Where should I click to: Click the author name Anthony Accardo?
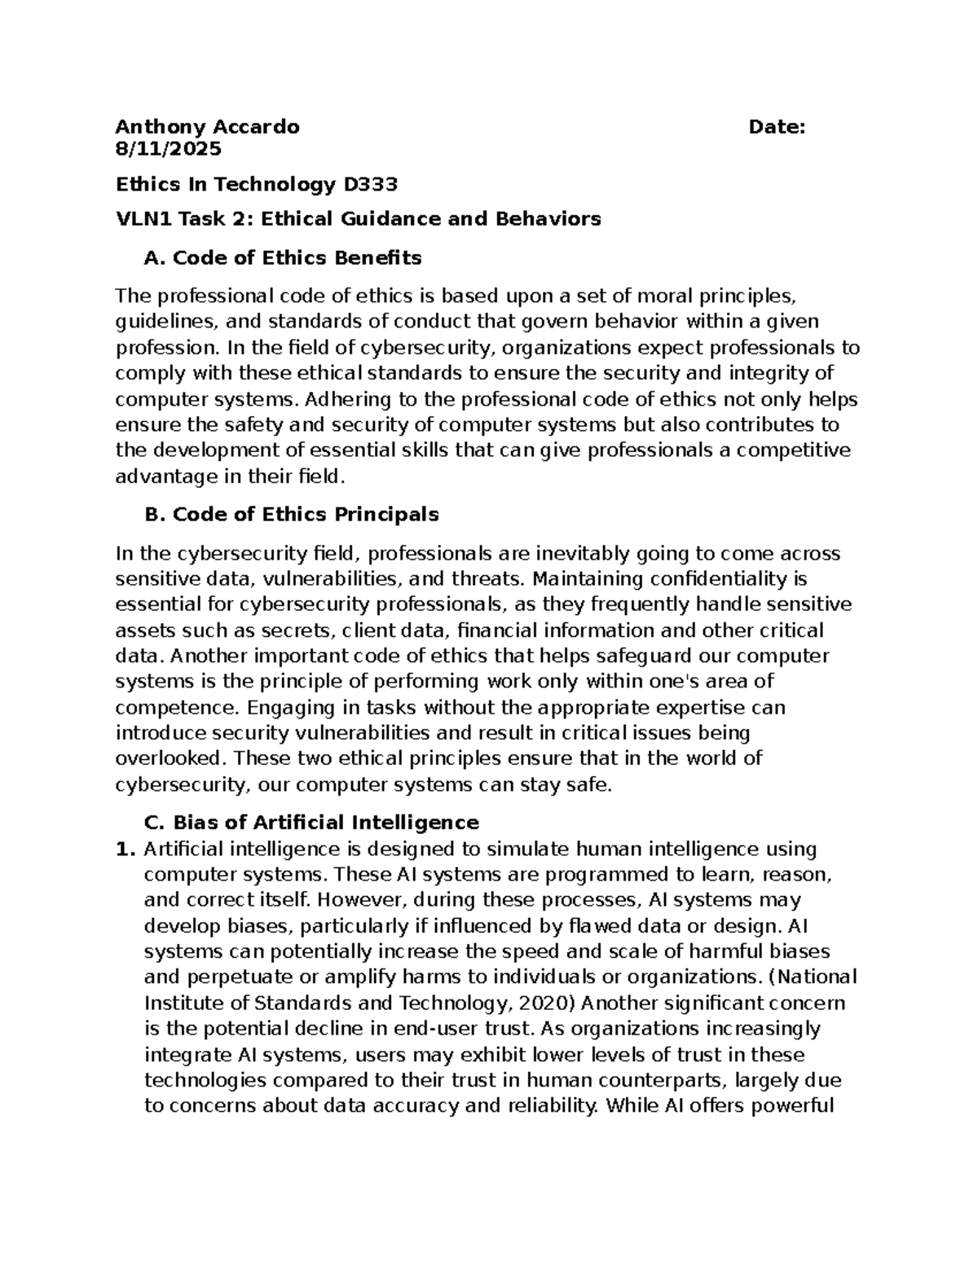coord(207,127)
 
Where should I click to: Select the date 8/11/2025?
coord(168,149)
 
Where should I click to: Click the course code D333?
coord(371,185)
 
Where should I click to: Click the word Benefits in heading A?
coord(377,258)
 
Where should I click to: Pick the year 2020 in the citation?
coord(537,1003)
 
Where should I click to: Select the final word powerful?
coord(785,1106)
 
